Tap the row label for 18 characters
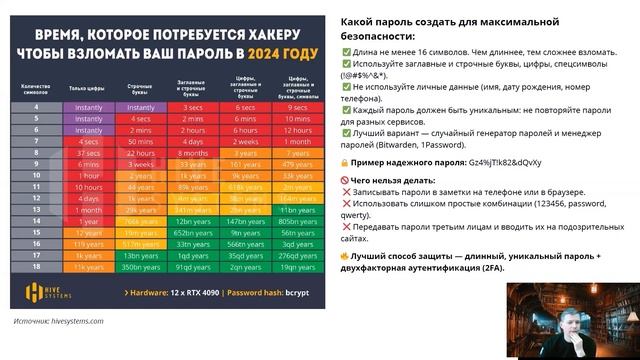(37, 268)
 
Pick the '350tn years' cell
(140, 268)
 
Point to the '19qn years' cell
(299, 268)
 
